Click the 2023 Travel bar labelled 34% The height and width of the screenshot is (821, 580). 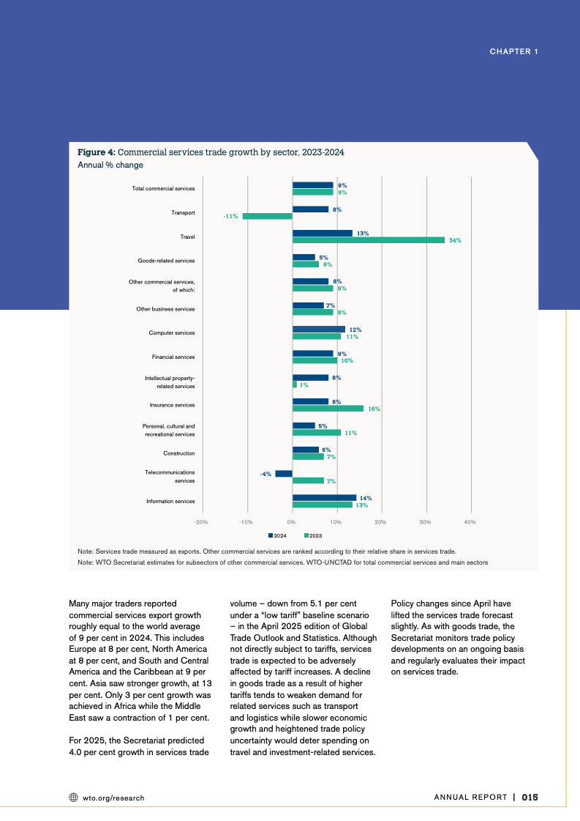coord(368,240)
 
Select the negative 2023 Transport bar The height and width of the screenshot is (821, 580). coord(267,216)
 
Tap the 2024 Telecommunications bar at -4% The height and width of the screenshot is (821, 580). coord(284,474)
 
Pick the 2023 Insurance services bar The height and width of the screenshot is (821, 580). coord(328,409)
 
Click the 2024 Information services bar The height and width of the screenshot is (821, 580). coord(324,498)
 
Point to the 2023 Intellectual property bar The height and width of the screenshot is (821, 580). coord(295,385)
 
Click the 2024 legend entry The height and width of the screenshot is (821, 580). coord(277,535)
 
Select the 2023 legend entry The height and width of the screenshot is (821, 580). coord(312,535)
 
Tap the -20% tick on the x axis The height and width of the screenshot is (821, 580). coord(201,521)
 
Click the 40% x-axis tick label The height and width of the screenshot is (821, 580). coord(470,521)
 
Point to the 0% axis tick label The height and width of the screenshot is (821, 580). coord(291,521)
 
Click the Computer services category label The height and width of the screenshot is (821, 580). coord(172,333)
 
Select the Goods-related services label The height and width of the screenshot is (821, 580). coord(166,261)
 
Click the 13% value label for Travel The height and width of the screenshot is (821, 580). coord(363,233)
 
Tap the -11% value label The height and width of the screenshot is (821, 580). coord(230,216)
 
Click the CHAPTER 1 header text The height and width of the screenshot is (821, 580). coord(513,51)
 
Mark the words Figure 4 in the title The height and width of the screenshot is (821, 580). coord(96,152)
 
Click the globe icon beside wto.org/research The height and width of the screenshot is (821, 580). coord(73,798)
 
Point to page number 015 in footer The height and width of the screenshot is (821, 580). coord(530,798)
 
